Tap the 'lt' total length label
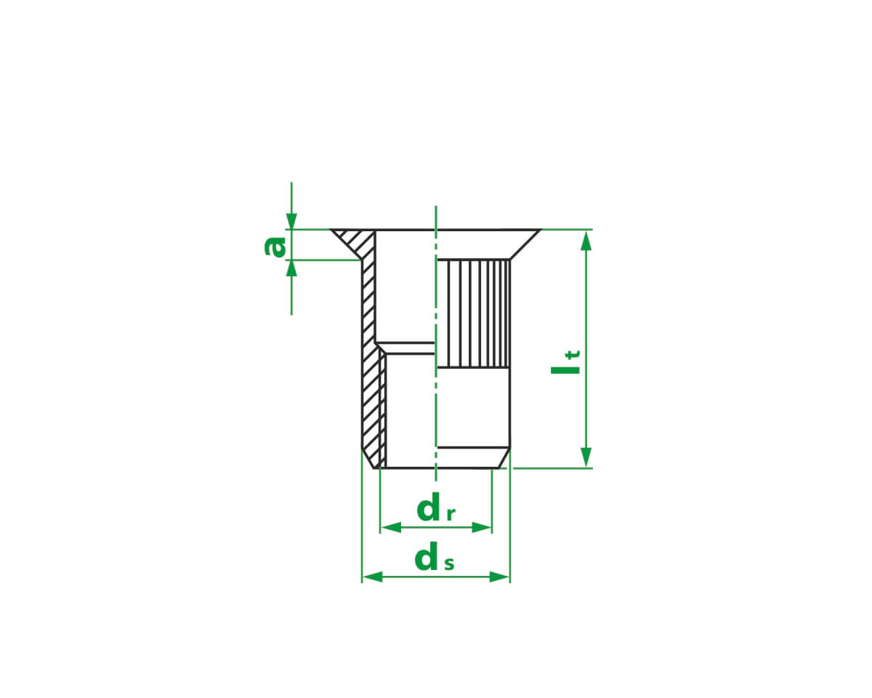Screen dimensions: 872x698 click(565, 362)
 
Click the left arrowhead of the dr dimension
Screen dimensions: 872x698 click(391, 528)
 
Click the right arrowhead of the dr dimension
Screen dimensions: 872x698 click(481, 528)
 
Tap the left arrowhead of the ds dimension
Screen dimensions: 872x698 click(372, 577)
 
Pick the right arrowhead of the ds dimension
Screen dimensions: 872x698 click(500, 577)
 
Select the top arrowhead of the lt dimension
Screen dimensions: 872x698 click(586, 241)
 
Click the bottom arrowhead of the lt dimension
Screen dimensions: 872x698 click(586, 457)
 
